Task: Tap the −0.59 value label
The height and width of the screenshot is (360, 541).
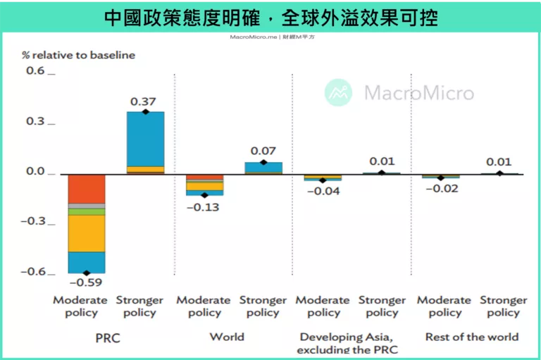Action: [86, 284]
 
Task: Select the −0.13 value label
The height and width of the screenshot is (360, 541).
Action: [203, 206]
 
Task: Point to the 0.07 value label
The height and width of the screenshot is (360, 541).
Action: [263, 151]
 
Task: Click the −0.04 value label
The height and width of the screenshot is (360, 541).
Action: [323, 191]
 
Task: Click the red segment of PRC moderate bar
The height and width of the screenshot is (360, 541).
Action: [87, 188]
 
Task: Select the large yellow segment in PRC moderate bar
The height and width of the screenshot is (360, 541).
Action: [87, 233]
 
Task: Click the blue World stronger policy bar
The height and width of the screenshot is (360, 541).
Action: [263, 167]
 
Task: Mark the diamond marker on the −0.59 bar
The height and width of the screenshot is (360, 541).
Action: [87, 273]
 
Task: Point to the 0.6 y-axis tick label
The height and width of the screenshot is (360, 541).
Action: [35, 71]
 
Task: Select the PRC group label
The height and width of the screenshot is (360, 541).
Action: [108, 338]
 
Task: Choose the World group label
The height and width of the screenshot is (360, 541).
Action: [227, 337]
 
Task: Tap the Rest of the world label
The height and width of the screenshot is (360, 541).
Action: [471, 337]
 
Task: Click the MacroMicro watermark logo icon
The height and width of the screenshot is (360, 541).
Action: [338, 92]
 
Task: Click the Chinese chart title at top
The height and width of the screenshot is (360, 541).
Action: [270, 17]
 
